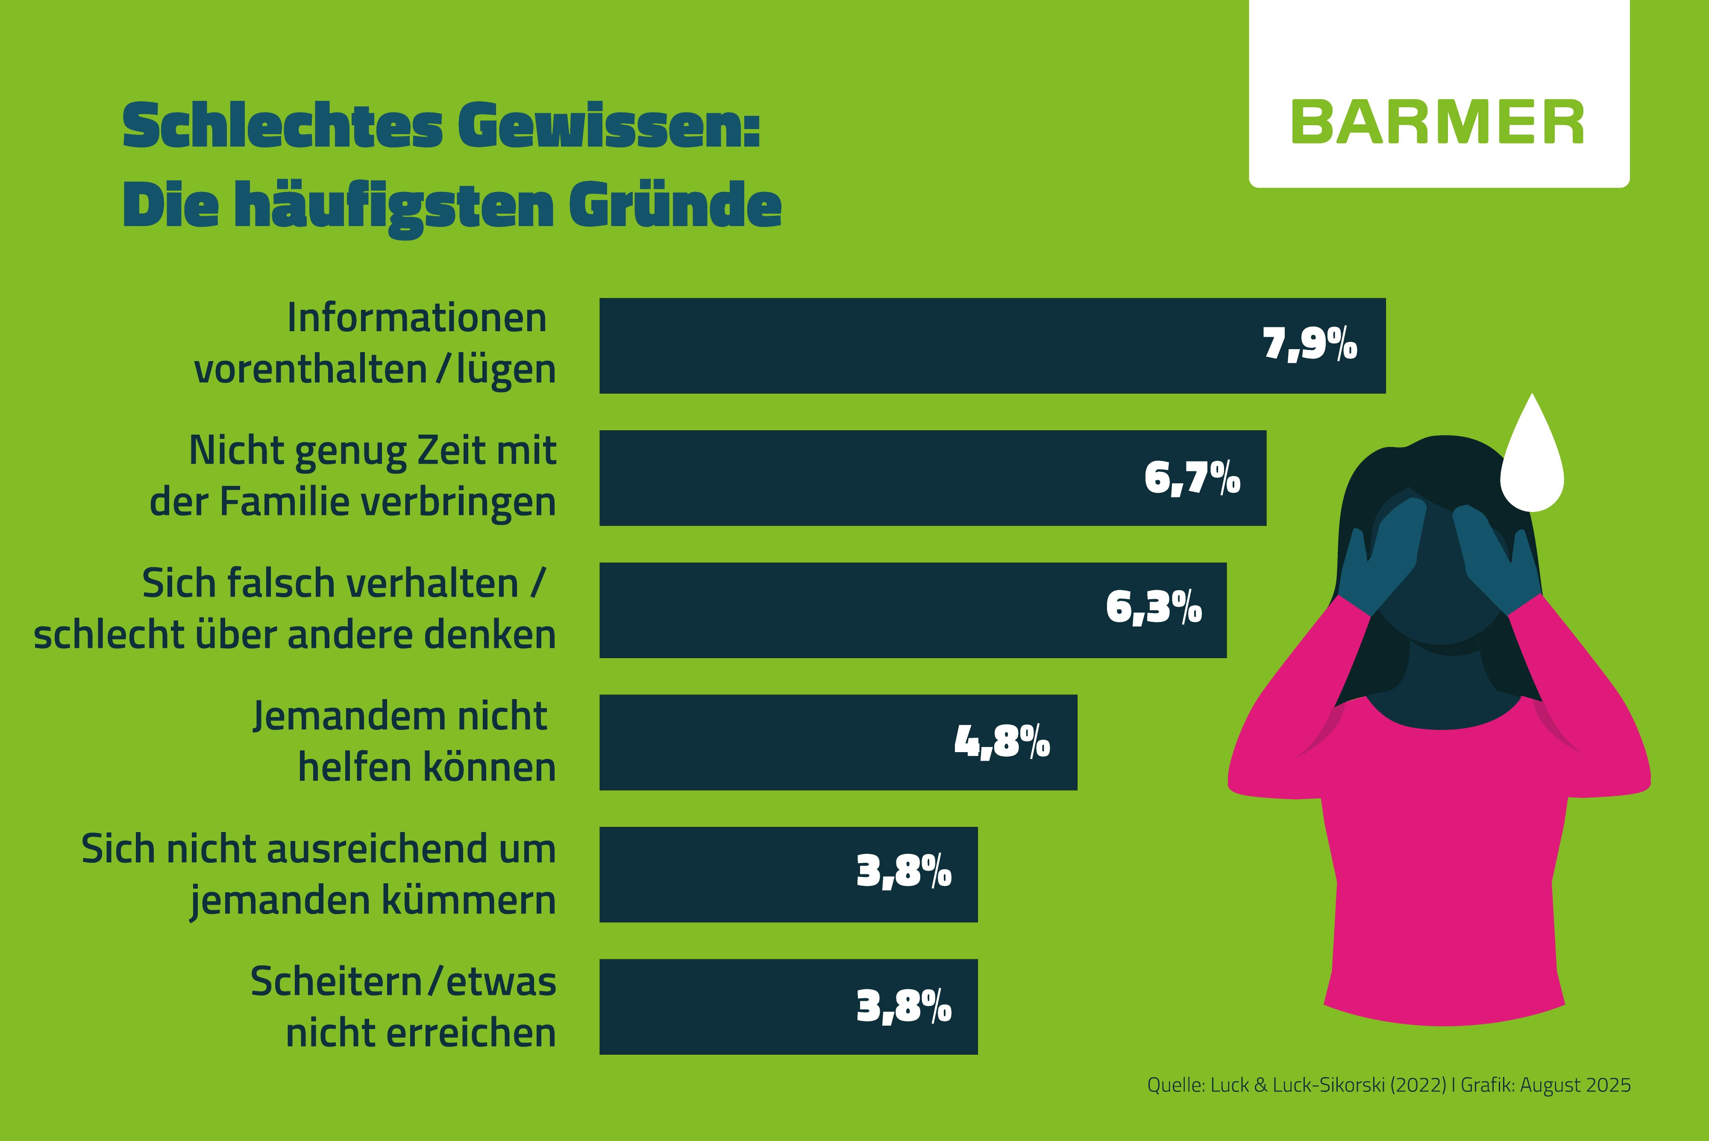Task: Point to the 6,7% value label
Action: [1192, 478]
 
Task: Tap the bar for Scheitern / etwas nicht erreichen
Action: [728, 1006]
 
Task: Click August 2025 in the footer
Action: [1575, 1085]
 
